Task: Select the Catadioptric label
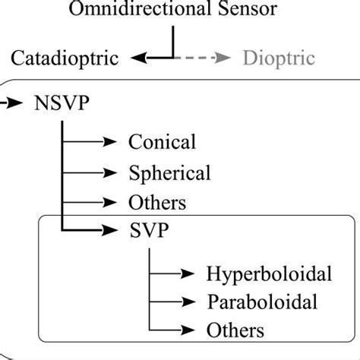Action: [x=65, y=58]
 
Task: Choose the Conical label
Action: [x=163, y=141]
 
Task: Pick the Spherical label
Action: [x=169, y=172]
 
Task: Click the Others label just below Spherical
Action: [x=157, y=203]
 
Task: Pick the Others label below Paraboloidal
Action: [x=235, y=330]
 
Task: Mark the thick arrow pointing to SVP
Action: [x=95, y=231]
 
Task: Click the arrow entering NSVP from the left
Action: [x=14, y=102]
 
